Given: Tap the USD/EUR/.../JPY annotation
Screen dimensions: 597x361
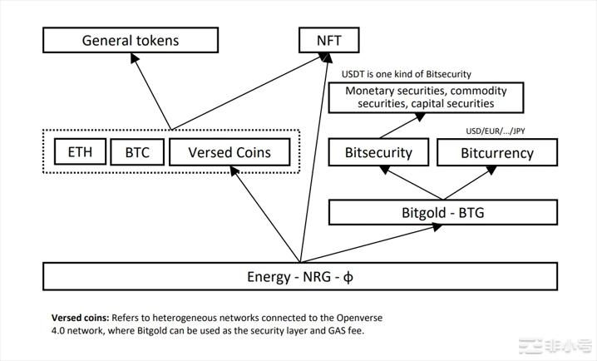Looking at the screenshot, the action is click(496, 131).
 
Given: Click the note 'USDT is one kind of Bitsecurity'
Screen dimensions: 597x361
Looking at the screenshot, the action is click(407, 74).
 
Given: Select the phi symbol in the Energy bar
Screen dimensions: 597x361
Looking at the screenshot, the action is click(348, 277).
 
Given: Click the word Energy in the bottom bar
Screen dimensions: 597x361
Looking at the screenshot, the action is click(269, 277).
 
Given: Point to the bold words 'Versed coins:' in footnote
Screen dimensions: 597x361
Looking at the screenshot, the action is click(81, 318).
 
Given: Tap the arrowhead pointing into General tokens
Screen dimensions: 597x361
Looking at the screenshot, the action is click(135, 57).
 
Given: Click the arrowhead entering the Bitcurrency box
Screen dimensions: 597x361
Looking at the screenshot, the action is click(491, 170).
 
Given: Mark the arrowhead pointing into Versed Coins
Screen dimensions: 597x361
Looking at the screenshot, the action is click(234, 171).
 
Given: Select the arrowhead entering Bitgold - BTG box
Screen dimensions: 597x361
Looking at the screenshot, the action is click(437, 227).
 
